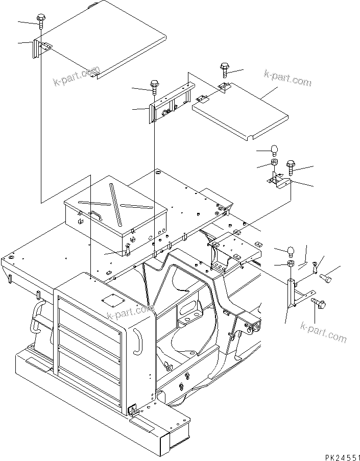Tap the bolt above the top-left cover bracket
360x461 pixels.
[x=40, y=21]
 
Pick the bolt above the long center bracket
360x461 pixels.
[x=154, y=85]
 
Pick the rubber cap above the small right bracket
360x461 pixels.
[x=274, y=149]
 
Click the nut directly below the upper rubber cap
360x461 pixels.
[x=274, y=163]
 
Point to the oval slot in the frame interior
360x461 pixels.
[x=187, y=311]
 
